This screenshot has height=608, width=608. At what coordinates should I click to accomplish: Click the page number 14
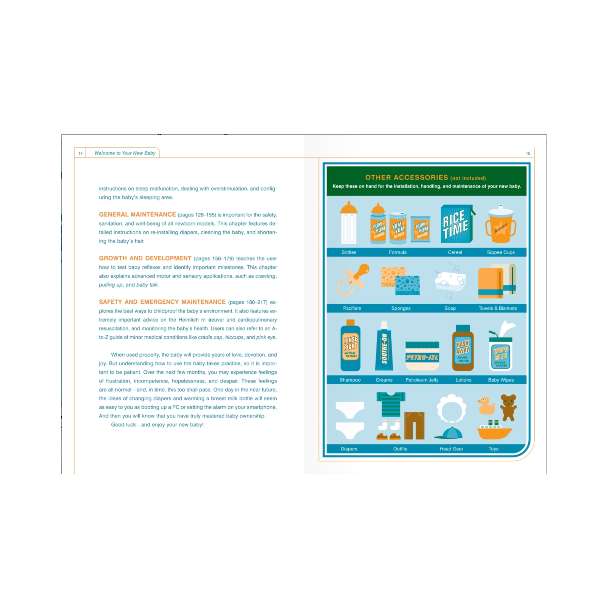[81, 153]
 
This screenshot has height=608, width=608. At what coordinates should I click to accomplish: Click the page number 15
[528, 153]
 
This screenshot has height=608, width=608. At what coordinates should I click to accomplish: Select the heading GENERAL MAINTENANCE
[137, 214]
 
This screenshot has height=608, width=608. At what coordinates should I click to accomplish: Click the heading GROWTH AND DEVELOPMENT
[145, 258]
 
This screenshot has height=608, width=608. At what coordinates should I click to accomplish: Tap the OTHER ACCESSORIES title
[406, 178]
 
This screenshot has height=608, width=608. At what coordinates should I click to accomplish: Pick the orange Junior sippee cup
[500, 224]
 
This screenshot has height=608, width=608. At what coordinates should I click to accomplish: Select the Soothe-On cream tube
[384, 346]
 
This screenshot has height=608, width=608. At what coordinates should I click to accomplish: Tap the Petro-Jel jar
[422, 356]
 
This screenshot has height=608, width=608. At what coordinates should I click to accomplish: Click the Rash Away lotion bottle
[463, 348]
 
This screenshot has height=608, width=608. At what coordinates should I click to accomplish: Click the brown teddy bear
[508, 407]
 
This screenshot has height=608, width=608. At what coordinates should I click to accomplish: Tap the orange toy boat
[494, 430]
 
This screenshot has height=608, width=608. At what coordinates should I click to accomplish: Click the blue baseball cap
[449, 433]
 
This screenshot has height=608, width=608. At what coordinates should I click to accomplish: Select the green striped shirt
[391, 404]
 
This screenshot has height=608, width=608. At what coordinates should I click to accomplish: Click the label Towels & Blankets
[498, 308]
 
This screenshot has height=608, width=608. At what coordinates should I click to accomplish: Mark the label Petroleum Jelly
[422, 380]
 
